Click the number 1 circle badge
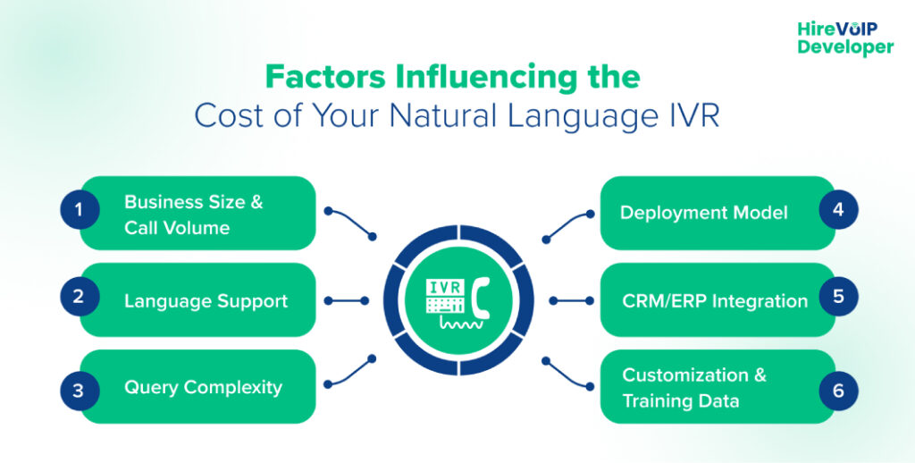(79, 212)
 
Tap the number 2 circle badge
(79, 299)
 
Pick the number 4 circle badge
(838, 212)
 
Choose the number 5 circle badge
(838, 299)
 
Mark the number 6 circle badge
(838, 390)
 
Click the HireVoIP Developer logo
(844, 38)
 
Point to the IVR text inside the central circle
(444, 286)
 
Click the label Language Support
(206, 300)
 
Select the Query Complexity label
(203, 387)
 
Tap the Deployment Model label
(703, 213)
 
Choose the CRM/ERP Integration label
(714, 300)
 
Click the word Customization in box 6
(684, 375)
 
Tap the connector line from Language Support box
(347, 300)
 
